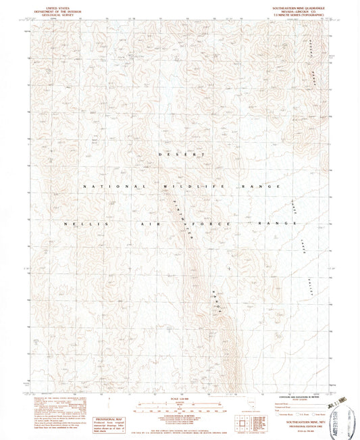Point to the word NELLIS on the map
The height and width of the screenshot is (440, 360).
(76, 223)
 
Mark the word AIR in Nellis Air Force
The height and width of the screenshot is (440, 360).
(148, 223)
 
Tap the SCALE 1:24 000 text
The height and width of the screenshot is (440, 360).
(179, 401)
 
